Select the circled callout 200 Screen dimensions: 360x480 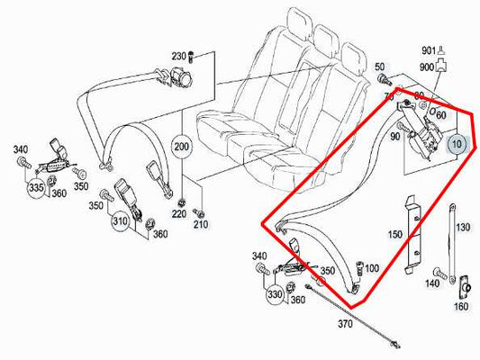tap(181, 146)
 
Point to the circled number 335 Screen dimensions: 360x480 tap(36, 187)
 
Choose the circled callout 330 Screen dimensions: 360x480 tap(274, 294)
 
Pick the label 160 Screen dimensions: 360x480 tap(461, 305)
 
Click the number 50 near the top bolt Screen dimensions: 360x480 tap(381, 67)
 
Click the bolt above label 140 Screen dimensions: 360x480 tap(437, 269)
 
